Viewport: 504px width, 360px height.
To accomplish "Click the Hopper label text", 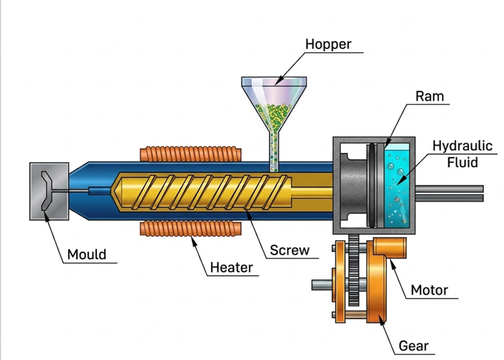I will [328, 44].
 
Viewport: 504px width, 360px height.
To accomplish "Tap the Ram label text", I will [429, 97].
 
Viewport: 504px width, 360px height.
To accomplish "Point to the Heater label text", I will [231, 267].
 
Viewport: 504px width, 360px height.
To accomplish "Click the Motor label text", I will [430, 290].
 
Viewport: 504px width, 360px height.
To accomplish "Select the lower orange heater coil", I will [191, 229].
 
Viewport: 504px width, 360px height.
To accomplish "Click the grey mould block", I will [49, 191].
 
